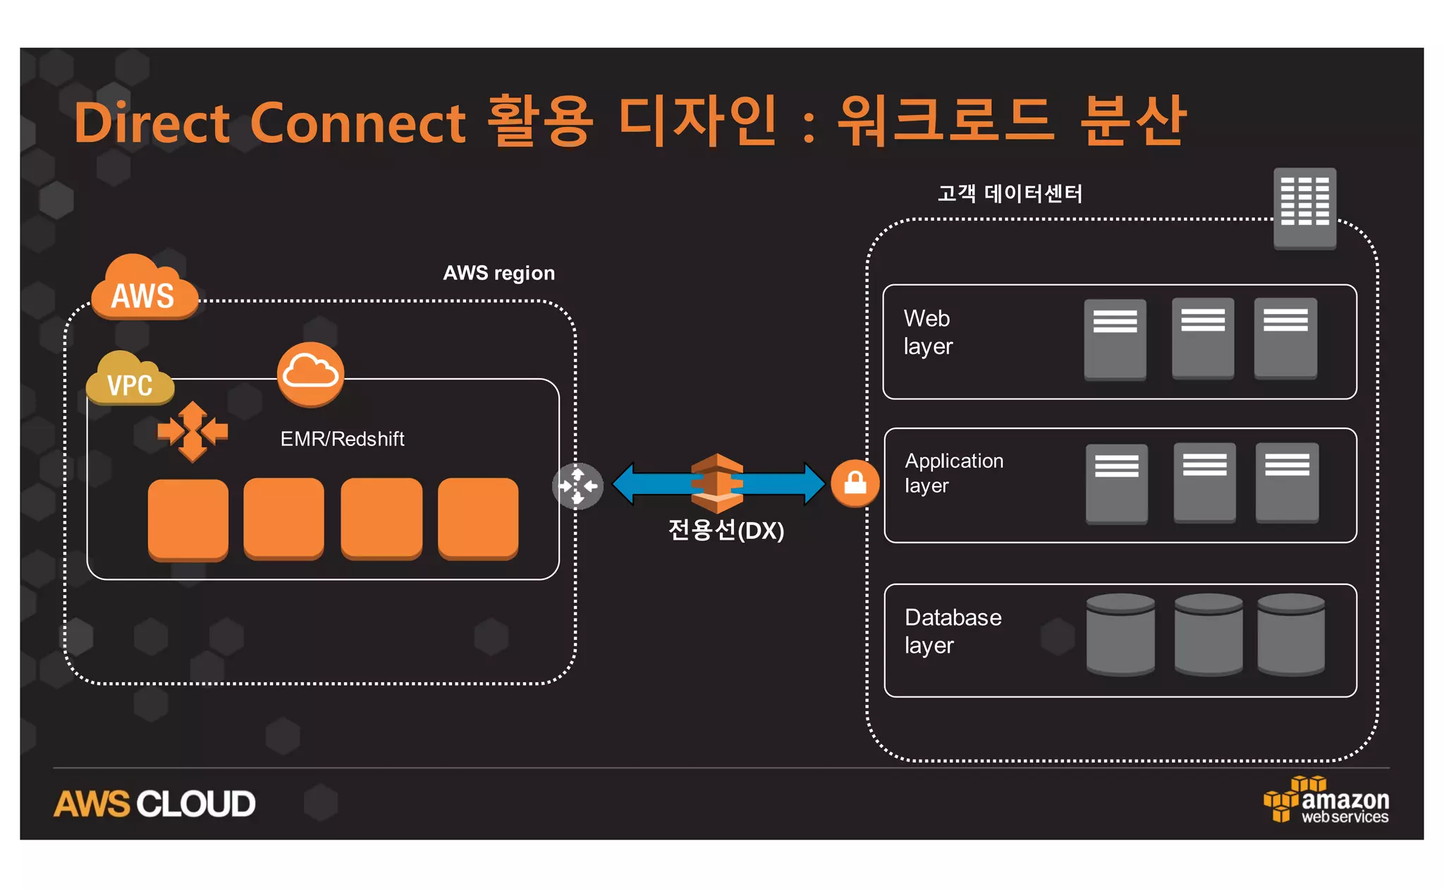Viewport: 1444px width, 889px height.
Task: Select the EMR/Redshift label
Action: click(342, 439)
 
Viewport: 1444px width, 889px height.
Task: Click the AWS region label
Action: click(498, 273)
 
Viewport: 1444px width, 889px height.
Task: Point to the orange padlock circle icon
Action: click(855, 483)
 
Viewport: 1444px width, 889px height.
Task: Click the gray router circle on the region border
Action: click(577, 486)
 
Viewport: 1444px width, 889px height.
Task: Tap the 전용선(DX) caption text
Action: click(726, 531)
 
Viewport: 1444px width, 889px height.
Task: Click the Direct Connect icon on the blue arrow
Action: click(717, 483)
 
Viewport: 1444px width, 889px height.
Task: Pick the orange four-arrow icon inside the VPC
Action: click(192, 431)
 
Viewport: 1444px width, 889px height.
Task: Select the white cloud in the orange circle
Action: click(310, 374)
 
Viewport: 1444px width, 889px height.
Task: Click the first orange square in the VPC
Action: click(188, 519)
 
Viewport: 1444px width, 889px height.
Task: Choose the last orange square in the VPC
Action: click(478, 519)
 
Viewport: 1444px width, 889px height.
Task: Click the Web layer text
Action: click(928, 332)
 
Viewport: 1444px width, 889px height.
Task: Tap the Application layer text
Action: click(953, 473)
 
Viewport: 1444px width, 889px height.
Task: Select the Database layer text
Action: click(953, 631)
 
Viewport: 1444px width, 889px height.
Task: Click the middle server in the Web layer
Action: click(1203, 338)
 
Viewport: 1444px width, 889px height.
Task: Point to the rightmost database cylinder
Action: click(1290, 634)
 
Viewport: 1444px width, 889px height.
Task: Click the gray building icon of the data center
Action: click(1304, 207)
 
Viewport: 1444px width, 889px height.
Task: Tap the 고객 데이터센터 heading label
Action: click(1010, 193)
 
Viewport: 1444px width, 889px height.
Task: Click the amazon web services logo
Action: click(1326, 801)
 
